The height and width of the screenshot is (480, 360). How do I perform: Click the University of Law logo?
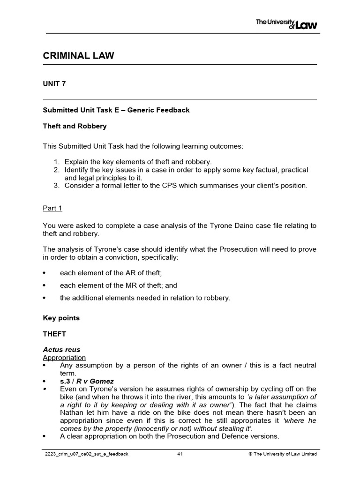coord(286,23)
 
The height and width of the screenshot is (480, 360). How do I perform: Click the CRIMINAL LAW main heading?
coord(79,56)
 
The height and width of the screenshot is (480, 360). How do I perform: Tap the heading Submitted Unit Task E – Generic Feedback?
coord(116,110)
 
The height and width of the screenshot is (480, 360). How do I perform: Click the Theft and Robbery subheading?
coord(75,126)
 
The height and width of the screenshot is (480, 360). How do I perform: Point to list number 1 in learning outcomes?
coord(55,162)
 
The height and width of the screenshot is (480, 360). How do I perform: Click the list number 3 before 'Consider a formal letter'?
coord(55,185)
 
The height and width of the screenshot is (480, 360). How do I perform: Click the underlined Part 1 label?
coord(52,208)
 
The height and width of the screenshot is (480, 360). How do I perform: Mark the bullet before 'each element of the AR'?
coord(45,273)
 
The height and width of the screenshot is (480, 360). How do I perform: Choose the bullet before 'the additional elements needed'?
coord(45,298)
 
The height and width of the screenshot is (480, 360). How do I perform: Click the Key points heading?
coord(61,318)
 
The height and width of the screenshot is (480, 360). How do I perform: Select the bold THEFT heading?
coord(55,334)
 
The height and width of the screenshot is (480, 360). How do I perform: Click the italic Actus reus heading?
coord(62,350)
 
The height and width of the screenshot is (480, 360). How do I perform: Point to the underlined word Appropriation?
coord(64,358)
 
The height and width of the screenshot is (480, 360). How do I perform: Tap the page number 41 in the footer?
coord(180,454)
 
